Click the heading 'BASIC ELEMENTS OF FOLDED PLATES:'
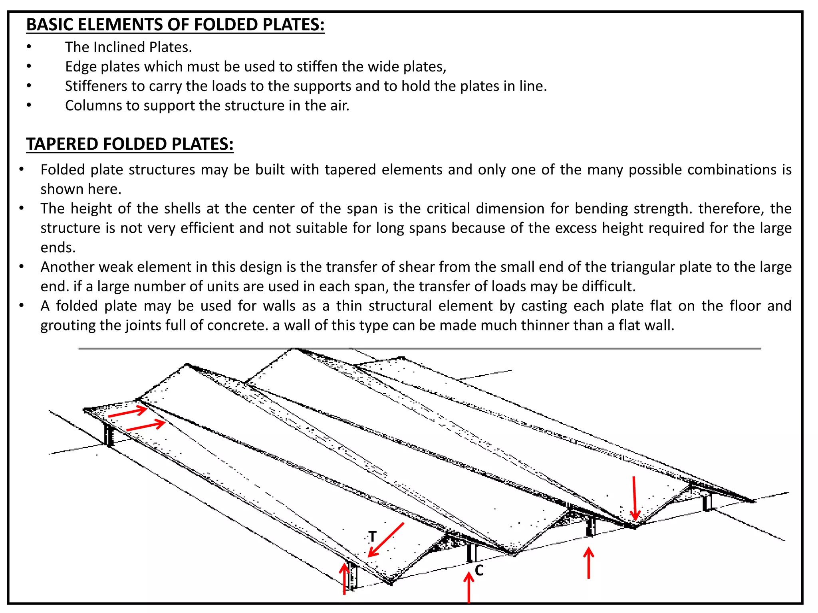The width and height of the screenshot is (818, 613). [x=175, y=25]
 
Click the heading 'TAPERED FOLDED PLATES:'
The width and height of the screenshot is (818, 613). [x=129, y=144]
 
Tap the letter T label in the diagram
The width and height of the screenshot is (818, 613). [x=372, y=536]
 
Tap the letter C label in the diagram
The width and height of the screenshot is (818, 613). [x=479, y=570]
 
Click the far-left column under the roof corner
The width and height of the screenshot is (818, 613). [x=109, y=435]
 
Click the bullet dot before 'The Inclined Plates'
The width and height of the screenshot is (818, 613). [x=29, y=47]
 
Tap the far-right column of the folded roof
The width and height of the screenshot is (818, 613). [x=707, y=502]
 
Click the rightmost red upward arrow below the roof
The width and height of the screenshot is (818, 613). [x=588, y=563]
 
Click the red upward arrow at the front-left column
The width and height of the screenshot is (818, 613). [x=344, y=579]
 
